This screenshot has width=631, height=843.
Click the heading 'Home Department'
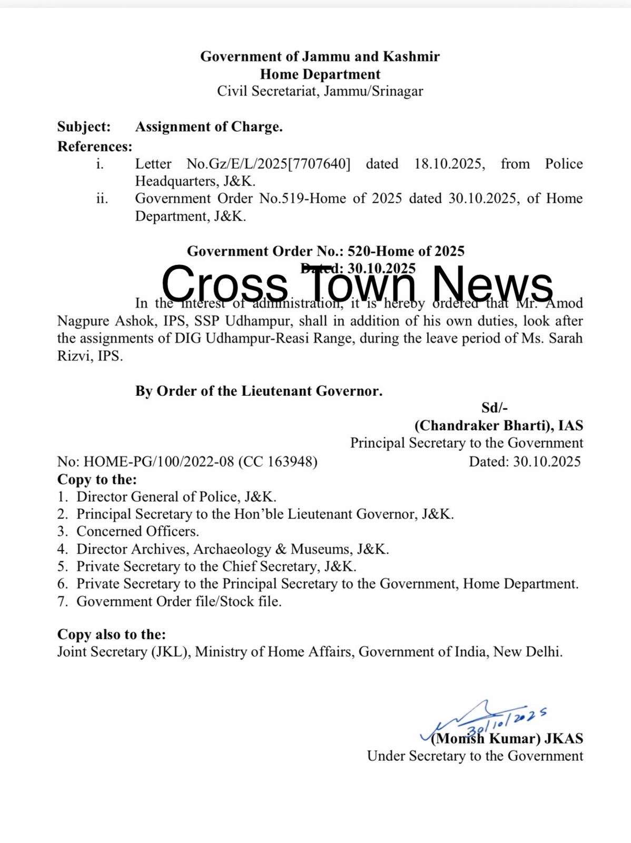[320, 74]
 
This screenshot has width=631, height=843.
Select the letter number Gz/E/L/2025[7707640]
[269, 164]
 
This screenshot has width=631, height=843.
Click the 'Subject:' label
[84, 127]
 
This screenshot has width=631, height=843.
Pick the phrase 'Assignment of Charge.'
[209, 127]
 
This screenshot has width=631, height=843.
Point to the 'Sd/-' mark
[494, 407]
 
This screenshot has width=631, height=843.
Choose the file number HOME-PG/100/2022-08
[159, 462]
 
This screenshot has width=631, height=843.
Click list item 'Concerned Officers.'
[137, 532]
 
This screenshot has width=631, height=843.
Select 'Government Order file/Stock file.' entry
[179, 601]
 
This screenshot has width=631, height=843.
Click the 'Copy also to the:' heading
[111, 634]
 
